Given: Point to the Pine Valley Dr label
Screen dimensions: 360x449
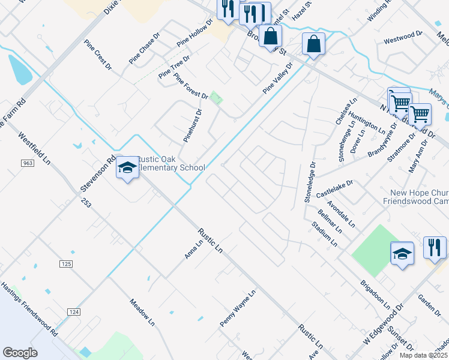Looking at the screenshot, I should tap(277, 79).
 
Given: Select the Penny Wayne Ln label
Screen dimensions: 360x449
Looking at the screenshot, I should tap(238, 308).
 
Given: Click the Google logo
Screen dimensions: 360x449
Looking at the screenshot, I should tap(20, 353).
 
